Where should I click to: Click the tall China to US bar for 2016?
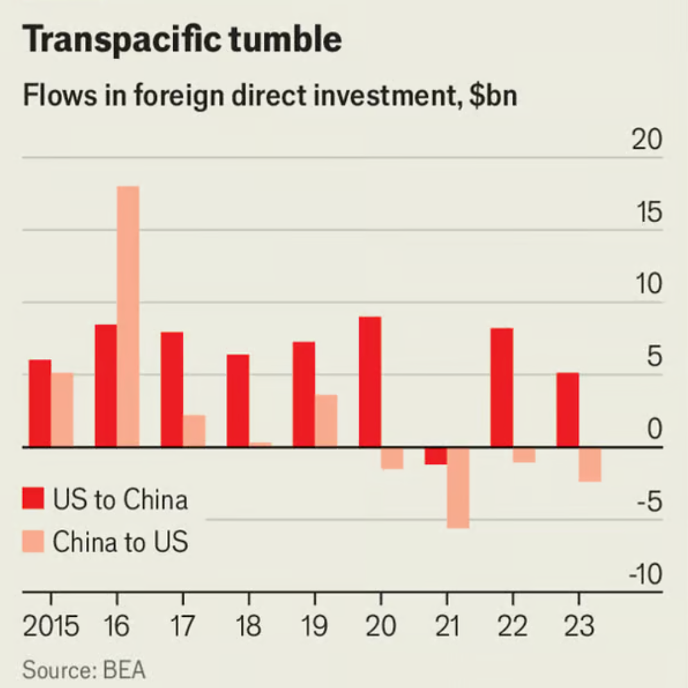(128, 316)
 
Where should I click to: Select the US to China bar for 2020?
(370, 382)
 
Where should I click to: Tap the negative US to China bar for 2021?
(436, 456)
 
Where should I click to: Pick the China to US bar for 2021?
(458, 488)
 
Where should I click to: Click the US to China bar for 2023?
(567, 409)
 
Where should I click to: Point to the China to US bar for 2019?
(326, 421)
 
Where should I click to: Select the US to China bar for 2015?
(40, 403)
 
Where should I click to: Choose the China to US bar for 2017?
(194, 431)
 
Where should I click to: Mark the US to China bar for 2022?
(502, 388)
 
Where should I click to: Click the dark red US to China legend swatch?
(33, 499)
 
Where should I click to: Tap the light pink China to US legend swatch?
(33, 541)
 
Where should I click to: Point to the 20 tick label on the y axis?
(646, 140)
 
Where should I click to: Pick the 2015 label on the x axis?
(51, 626)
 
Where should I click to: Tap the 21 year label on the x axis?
(447, 626)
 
